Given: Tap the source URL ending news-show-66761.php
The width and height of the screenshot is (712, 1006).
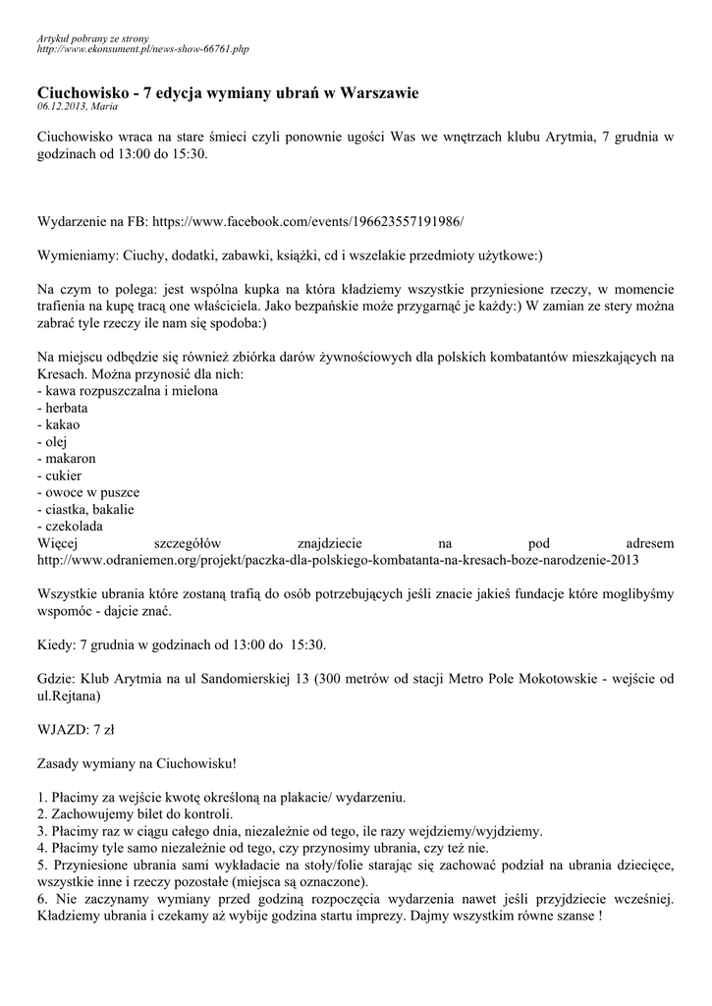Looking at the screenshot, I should click(142, 47).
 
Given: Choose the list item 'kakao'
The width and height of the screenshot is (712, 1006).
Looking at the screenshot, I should click(58, 424).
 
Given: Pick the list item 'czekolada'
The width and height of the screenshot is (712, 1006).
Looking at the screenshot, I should click(68, 527).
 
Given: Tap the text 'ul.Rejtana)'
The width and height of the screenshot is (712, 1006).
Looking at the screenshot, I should click(68, 695).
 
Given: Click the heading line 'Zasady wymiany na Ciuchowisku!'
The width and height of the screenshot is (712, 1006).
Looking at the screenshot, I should click(137, 762).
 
